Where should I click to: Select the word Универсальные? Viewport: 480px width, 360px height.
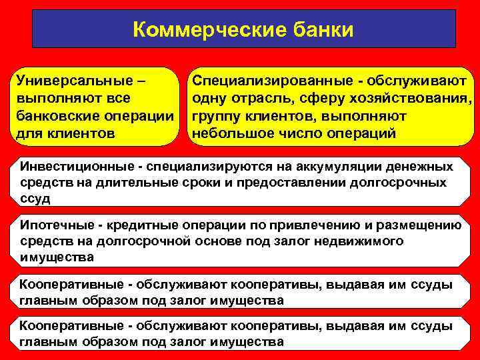point(72,81)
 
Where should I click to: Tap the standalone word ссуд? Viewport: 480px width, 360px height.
point(35,198)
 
